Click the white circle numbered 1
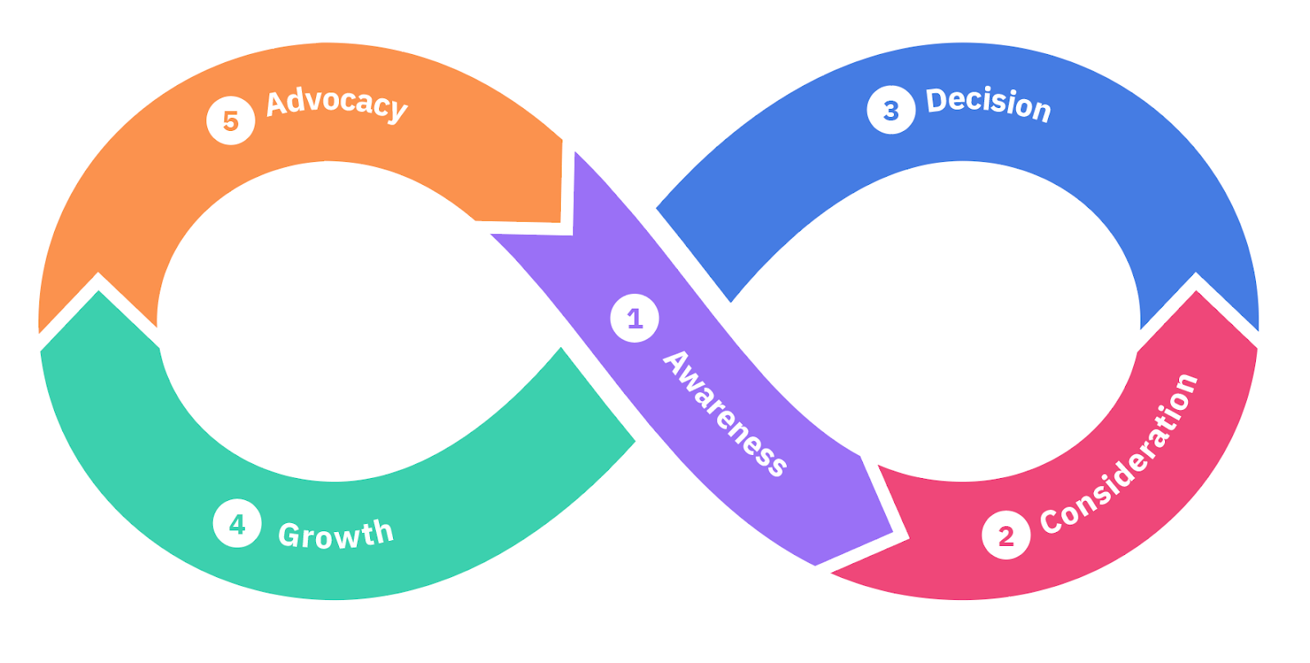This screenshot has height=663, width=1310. pyautogui.click(x=635, y=318)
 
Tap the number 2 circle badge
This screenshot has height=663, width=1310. pyautogui.click(x=1005, y=535)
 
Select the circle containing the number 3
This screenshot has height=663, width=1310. pyautogui.click(x=891, y=110)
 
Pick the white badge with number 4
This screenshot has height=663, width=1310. pyautogui.click(x=237, y=523)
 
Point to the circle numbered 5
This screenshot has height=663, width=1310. pyautogui.click(x=231, y=120)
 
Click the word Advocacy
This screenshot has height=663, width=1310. pyautogui.click(x=337, y=103)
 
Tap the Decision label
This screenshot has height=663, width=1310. pyautogui.click(x=988, y=104)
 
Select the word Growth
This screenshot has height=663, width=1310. pyautogui.click(x=336, y=534)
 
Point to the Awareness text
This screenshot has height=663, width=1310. pyautogui.click(x=725, y=413)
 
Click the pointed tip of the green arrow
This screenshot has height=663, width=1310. pyautogui.click(x=99, y=292)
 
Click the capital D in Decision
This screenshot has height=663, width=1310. pyautogui.click(x=935, y=100)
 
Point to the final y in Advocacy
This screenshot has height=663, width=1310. pyautogui.click(x=397, y=110)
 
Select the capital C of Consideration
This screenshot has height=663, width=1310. pyautogui.click(x=1050, y=521)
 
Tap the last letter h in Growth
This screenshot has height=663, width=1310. pyautogui.click(x=383, y=531)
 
